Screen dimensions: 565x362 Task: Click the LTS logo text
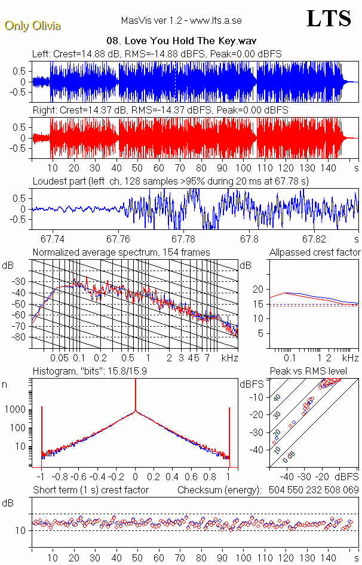[329, 19]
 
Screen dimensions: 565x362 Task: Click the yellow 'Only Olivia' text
[33, 26]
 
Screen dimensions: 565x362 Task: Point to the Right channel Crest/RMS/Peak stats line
[160, 110]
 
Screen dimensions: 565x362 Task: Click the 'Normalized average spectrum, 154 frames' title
[121, 252]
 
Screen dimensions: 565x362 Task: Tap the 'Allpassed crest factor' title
[315, 252]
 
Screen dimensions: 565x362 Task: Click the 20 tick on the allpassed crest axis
[258, 289]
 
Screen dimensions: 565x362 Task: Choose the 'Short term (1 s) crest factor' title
[90, 490]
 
